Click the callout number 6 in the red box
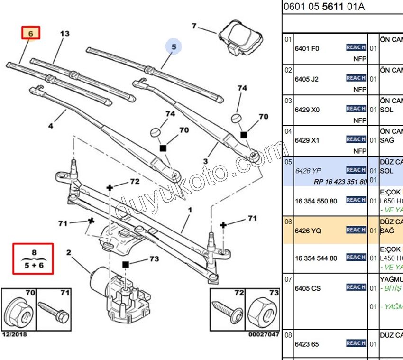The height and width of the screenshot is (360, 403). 30,33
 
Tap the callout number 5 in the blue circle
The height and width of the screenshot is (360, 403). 174,46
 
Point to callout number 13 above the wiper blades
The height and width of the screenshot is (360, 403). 64,34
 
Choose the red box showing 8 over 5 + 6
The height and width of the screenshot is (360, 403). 33,258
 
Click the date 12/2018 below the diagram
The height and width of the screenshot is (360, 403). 14,334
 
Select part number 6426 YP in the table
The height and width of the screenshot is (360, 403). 308,170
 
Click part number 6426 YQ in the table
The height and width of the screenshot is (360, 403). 308,231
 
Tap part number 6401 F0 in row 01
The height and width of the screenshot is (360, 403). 307,48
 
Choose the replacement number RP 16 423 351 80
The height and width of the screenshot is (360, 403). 340,182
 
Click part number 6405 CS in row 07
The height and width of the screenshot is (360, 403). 308,288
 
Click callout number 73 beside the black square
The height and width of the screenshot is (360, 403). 155,259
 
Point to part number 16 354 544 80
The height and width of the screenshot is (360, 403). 316,258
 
